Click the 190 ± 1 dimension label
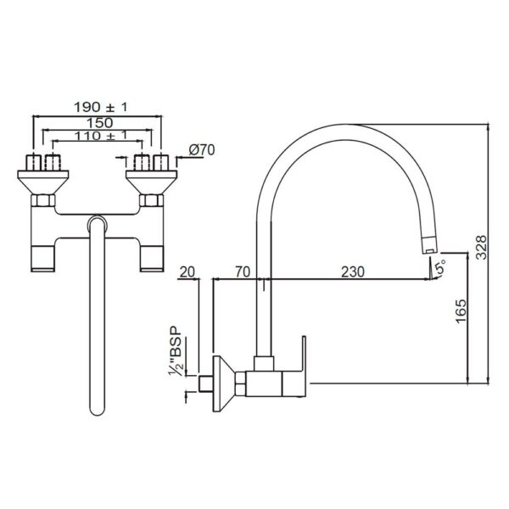pyautogui.click(x=101, y=107)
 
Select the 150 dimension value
pyautogui.click(x=99, y=123)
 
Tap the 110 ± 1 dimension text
pyautogui.click(x=101, y=136)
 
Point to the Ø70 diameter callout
pyautogui.click(x=202, y=150)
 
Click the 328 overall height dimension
pyautogui.click(x=481, y=248)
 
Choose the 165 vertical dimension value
pyautogui.click(x=461, y=311)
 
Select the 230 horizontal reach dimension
pyautogui.click(x=353, y=271)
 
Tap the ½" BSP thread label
pyautogui.click(x=176, y=351)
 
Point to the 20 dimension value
pyautogui.click(x=187, y=271)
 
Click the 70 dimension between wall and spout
pyautogui.click(x=243, y=271)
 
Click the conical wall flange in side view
pyautogui.click(x=224, y=383)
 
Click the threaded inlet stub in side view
pyautogui.click(x=205, y=383)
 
